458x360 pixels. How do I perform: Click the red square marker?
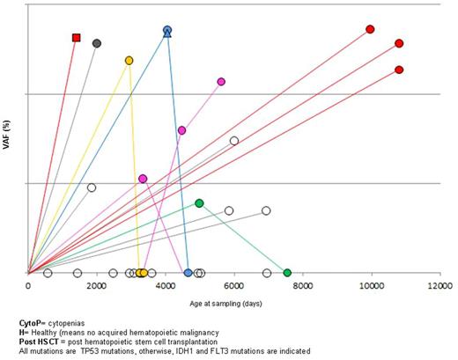point(77,38)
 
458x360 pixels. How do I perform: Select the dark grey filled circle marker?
point(97,43)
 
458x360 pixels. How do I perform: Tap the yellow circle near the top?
point(129,61)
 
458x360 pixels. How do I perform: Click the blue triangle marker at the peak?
point(167,32)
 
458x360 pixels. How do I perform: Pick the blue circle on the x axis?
point(188,273)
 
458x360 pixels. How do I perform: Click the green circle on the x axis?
point(287,273)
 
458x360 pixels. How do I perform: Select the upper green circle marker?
point(199,203)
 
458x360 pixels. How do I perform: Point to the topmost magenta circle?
point(221,82)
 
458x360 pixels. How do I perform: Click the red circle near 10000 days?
point(370,29)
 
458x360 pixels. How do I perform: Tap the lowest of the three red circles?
point(399,70)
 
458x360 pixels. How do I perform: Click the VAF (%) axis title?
point(8,145)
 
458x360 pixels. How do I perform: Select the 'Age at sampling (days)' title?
point(233,302)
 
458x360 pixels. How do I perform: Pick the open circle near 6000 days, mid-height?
point(234,141)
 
